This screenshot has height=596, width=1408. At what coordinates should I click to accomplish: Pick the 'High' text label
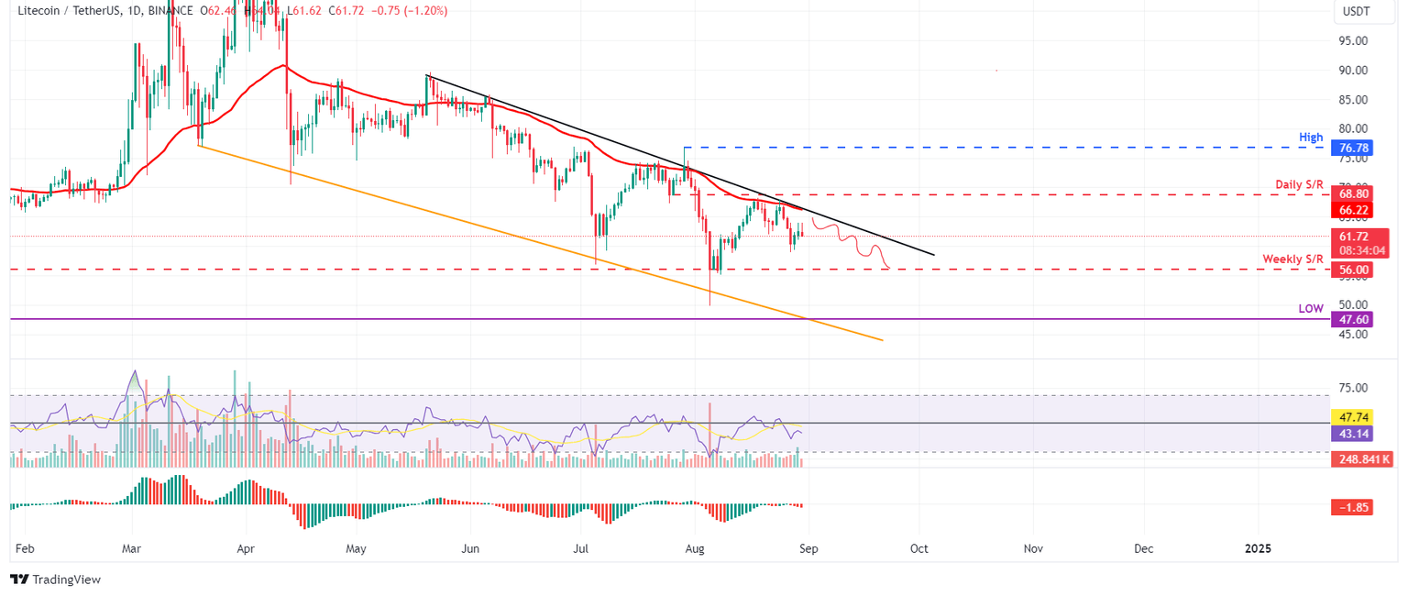1311,138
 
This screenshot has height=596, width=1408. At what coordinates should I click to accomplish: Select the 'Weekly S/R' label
1292,259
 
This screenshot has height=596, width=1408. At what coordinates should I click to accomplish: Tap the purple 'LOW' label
1311,309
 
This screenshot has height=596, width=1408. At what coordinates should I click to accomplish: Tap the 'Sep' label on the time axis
808,548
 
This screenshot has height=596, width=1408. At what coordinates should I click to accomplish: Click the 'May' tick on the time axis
356,548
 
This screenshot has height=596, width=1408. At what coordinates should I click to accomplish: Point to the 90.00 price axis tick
1353,70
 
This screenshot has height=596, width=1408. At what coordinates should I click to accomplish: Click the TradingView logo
55,579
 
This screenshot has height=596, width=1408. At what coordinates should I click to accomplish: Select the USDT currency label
1356,11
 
